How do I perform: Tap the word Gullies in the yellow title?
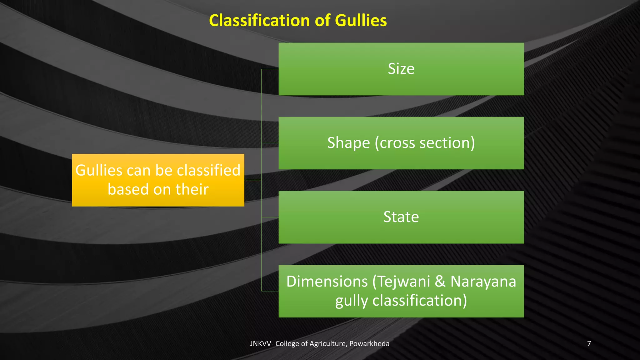pos(361,21)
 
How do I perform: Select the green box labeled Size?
pos(401,69)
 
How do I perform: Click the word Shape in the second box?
pos(348,143)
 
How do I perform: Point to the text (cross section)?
pos(425,143)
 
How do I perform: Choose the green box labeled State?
pos(401,217)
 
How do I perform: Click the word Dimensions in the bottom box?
pos(327,281)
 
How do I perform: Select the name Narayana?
pos(483,281)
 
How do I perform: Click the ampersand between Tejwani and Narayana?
pos(440,281)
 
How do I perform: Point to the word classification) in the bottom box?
pos(420,301)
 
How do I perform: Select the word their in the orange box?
pos(192,189)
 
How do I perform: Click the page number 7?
pos(589,344)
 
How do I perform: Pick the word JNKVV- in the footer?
pos(262,344)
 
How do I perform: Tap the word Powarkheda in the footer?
pos(369,344)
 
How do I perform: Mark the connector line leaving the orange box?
pos(252,180)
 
